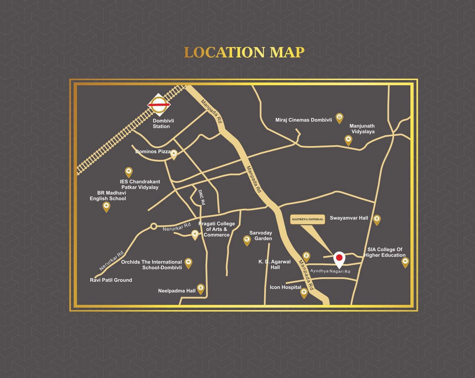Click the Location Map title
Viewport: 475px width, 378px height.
[244, 53]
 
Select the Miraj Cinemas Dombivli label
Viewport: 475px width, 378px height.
[304, 120]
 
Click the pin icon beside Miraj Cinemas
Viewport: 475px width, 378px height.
[339, 118]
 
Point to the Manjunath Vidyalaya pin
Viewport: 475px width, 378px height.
[348, 140]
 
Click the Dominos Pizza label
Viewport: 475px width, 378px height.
[153, 152]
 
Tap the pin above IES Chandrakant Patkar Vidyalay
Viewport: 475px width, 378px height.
[129, 172]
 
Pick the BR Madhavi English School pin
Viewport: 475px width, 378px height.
[106, 206]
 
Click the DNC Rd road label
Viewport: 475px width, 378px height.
[202, 197]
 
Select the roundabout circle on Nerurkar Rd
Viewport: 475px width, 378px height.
[154, 226]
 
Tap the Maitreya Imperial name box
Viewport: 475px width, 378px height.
[308, 219]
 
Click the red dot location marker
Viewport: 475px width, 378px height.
[339, 257]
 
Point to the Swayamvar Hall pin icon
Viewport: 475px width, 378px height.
[376, 220]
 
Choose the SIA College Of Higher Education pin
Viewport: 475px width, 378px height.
[405, 262]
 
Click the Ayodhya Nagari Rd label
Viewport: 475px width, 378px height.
[330, 271]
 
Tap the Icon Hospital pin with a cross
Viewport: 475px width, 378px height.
[304, 293]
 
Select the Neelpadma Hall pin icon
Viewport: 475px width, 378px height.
[200, 288]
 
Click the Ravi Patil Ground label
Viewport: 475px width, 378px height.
[111, 280]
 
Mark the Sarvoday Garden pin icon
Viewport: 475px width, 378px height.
[247, 240]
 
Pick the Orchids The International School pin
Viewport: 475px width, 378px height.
[188, 262]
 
